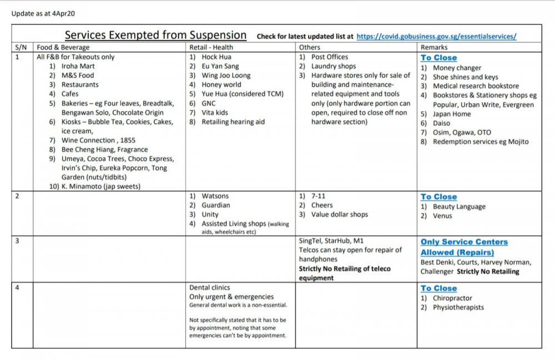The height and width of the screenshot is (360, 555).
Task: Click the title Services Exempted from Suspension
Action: pos(155,35)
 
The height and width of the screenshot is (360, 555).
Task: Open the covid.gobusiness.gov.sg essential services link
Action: pos(436,37)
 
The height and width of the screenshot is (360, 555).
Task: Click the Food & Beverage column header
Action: pos(63,48)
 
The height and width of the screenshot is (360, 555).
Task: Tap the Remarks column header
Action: pos(435,48)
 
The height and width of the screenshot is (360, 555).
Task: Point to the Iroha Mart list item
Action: pos(78,66)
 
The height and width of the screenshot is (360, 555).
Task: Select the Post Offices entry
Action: pos(330,57)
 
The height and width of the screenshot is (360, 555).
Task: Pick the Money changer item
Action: pos(457,68)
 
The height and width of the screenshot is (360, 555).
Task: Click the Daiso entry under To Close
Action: pos(443,123)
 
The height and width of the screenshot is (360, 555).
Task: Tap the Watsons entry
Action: pos(215,196)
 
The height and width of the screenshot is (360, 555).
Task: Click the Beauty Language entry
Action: pos(459,206)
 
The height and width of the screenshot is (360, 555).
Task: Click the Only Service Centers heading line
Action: pos(464,242)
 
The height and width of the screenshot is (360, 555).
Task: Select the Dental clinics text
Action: pos(210,288)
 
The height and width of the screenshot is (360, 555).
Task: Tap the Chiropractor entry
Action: pos(452,298)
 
